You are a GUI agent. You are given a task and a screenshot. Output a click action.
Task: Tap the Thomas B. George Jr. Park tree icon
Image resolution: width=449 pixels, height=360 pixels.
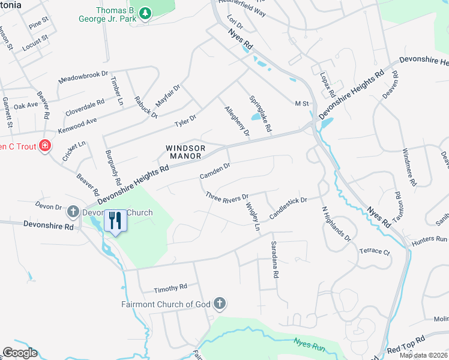click(x=145, y=12)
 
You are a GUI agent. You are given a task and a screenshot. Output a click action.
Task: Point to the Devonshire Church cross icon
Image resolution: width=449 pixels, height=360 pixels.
click(x=73, y=211)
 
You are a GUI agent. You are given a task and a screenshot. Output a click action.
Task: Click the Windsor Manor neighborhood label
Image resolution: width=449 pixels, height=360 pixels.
click(x=186, y=152)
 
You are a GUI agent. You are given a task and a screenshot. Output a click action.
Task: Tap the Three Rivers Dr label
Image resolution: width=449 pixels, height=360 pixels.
click(x=227, y=197)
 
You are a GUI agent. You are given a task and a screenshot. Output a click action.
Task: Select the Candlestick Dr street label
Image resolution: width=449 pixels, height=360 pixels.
click(x=288, y=208)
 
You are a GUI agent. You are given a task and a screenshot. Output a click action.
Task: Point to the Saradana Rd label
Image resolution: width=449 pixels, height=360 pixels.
click(x=274, y=259)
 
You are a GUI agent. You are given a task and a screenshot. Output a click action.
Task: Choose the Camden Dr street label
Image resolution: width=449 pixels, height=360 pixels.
click(x=215, y=171)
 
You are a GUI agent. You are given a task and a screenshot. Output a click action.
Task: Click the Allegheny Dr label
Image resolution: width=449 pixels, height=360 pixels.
click(x=237, y=121)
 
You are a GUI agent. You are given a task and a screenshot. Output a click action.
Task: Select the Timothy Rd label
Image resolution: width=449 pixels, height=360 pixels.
click(x=170, y=288)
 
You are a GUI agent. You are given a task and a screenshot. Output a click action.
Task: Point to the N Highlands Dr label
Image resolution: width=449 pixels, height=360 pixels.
click(x=336, y=223)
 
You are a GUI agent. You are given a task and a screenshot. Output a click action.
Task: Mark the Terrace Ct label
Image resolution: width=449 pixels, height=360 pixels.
click(x=375, y=251)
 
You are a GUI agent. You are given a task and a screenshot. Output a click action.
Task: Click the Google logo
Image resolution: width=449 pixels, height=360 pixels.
click(x=19, y=353)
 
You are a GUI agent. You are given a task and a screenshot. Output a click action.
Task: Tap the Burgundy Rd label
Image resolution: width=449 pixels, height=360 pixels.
click(x=112, y=168)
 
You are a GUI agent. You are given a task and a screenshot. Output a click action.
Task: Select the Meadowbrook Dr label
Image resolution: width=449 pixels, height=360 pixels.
click(x=83, y=76)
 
